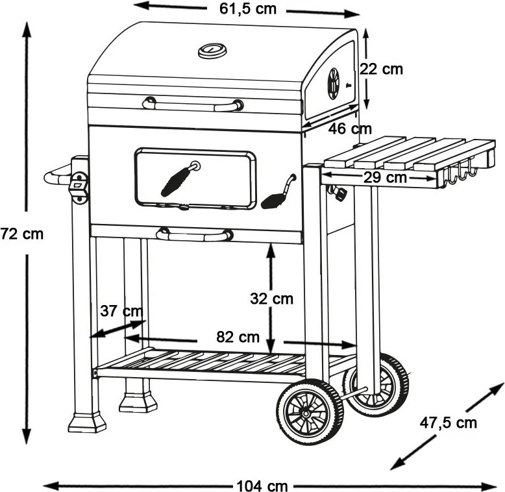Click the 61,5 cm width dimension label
click(x=248, y=8)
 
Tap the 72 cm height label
click(x=21, y=234)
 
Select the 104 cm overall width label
click(x=262, y=486)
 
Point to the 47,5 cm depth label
click(x=448, y=423)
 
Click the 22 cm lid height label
click(x=381, y=69)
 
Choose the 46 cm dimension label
click(x=350, y=129)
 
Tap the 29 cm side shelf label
click(x=385, y=177)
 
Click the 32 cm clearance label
click(x=272, y=299)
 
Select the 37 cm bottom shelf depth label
click(x=121, y=311)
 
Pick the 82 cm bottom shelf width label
click(x=238, y=337)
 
